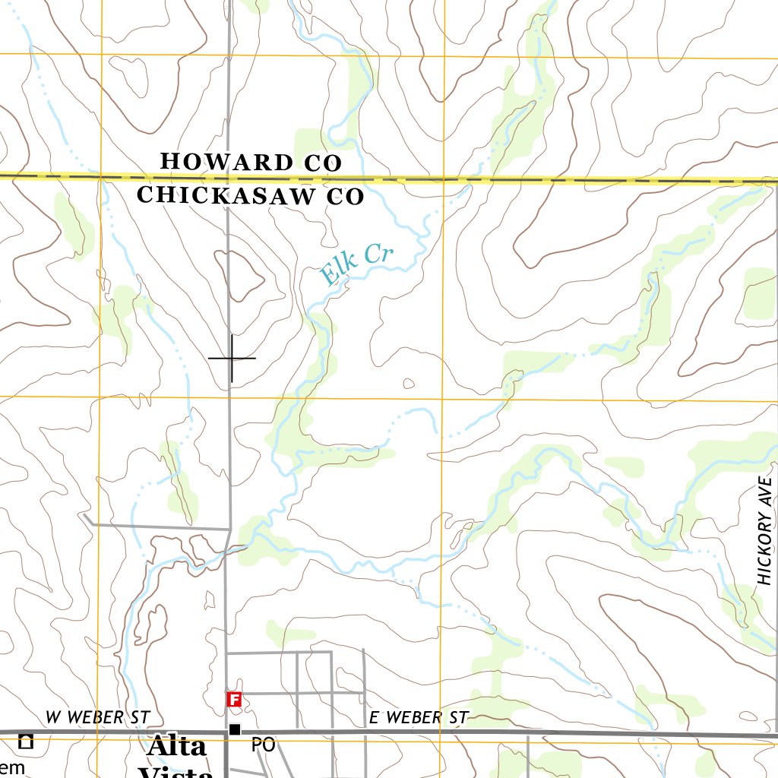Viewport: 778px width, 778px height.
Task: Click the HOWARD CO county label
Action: click(x=251, y=162)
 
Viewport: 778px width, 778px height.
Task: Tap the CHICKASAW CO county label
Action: click(x=250, y=195)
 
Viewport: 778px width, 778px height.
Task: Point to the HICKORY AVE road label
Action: click(x=764, y=530)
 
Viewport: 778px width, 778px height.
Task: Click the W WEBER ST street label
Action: click(x=97, y=717)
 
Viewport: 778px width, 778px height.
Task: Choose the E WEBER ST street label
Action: click(x=419, y=717)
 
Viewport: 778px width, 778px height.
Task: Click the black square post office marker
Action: click(x=235, y=730)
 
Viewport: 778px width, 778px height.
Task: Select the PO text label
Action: click(x=263, y=745)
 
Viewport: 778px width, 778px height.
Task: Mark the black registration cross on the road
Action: click(x=232, y=357)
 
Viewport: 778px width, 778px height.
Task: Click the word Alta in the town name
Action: click(x=177, y=746)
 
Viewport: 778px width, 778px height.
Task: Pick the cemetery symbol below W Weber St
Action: click(x=25, y=742)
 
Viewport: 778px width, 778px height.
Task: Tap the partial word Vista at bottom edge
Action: click(x=181, y=773)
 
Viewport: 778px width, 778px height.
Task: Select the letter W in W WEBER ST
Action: click(x=53, y=717)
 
